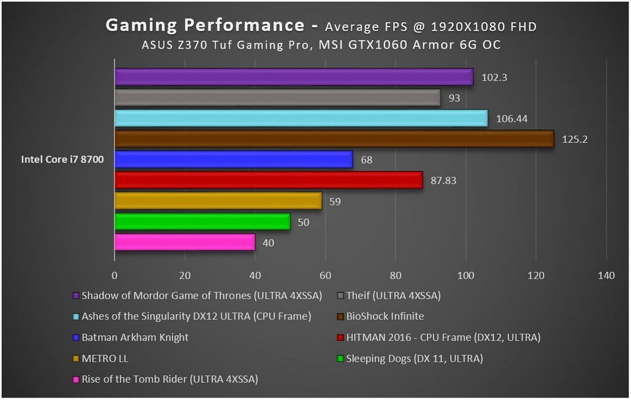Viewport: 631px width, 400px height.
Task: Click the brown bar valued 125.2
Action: [x=334, y=139]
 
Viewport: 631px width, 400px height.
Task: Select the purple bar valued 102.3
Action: [x=293, y=77]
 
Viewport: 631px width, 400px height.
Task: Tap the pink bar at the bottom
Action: [x=184, y=242]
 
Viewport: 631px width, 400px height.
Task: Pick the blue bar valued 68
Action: [x=234, y=160]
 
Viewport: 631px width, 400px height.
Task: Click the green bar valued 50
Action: [x=202, y=221]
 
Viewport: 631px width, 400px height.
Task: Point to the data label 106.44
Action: [x=512, y=118]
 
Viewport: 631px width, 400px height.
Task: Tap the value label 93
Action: [x=454, y=98]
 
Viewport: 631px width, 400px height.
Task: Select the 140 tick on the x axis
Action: [x=606, y=276]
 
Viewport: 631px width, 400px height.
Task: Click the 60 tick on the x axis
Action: [x=325, y=276]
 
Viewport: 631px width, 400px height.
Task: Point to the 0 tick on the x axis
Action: [x=115, y=276]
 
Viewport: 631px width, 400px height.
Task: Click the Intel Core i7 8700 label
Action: [x=62, y=160]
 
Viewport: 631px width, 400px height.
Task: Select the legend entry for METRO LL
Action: [x=105, y=358]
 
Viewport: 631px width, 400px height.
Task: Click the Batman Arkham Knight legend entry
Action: [x=135, y=337]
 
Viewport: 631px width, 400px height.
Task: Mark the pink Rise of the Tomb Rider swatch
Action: [x=76, y=379]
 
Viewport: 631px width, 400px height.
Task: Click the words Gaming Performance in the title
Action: [x=204, y=25]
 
